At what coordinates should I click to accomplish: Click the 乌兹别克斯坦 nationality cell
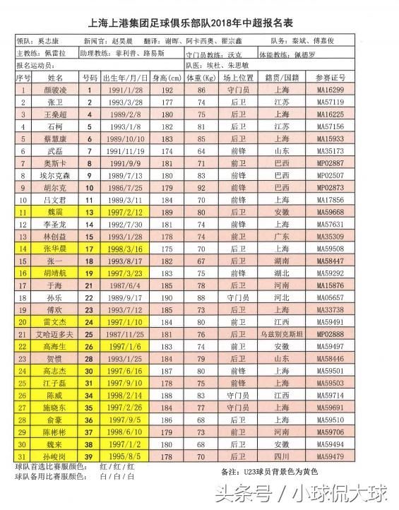[x=281, y=333]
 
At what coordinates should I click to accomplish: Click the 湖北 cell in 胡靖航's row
[x=281, y=273]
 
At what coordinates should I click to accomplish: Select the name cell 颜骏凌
[x=54, y=90]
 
